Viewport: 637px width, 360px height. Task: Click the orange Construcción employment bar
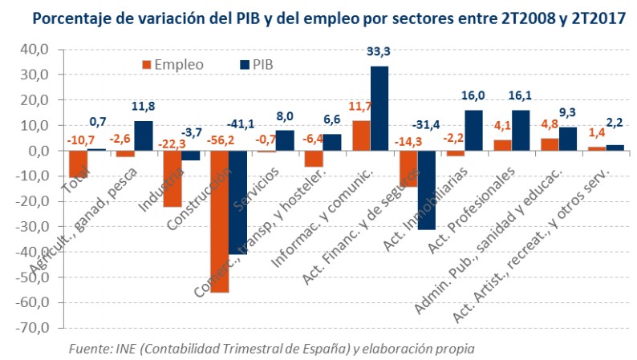tap(219, 221)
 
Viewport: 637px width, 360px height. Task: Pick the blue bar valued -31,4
tap(427, 190)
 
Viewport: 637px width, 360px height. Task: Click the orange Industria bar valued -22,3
tap(172, 179)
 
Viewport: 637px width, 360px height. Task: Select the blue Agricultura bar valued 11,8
tap(143, 136)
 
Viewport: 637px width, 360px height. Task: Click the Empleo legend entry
tap(172, 64)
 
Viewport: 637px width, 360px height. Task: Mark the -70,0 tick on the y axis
tap(34, 328)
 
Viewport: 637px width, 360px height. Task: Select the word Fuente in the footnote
tap(90, 350)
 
